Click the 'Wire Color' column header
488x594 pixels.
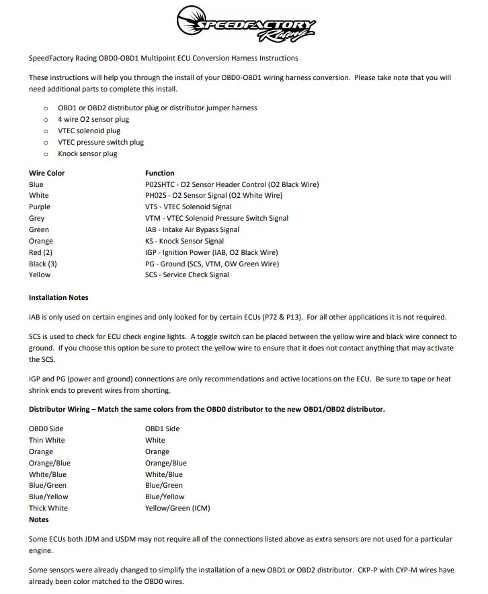[x=46, y=173]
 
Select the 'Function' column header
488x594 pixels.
[x=159, y=173]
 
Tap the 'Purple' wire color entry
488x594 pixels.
[x=40, y=207]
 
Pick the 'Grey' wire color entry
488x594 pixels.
[x=37, y=218]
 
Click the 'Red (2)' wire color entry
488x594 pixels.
[x=40, y=252]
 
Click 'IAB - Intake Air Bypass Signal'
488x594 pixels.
[x=192, y=229]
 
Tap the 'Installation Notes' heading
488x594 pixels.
[x=58, y=297]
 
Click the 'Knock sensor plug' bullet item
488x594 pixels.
[x=87, y=153]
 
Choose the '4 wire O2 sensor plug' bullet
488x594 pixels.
[x=93, y=119]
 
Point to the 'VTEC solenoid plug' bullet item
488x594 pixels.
[x=89, y=131]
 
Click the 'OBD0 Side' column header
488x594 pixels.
[x=46, y=429]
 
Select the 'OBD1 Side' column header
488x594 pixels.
[x=162, y=429]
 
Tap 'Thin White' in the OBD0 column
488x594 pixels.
[x=47, y=440]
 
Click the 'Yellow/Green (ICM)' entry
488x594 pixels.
[x=177, y=508]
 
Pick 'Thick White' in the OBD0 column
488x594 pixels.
[x=48, y=508]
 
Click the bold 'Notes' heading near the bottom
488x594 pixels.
[x=39, y=519]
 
